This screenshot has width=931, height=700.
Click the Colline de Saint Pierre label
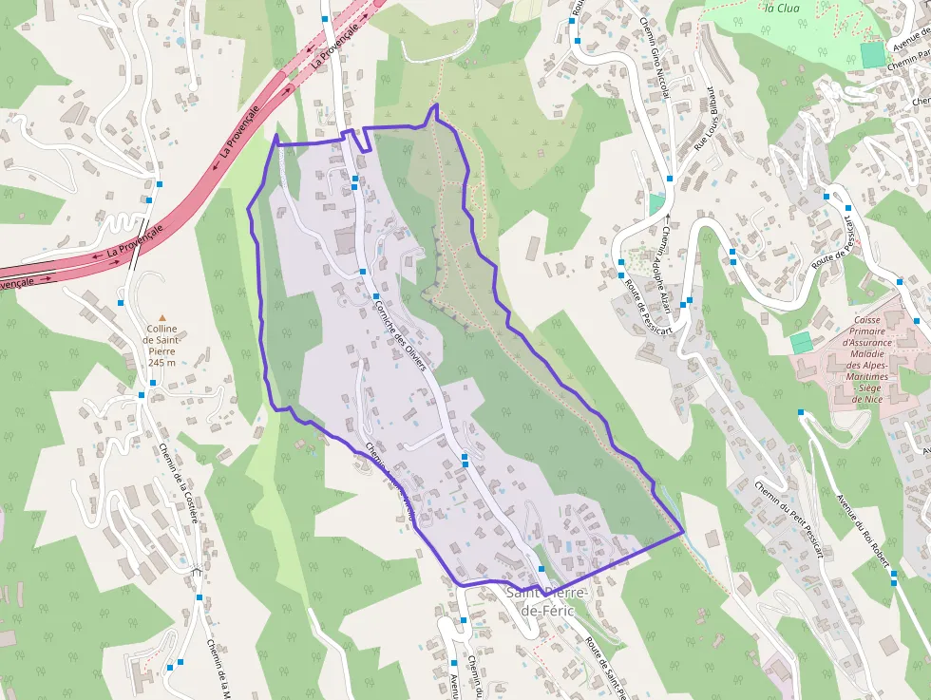(x=161, y=339)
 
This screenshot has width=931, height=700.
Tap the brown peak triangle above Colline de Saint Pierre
(x=161, y=318)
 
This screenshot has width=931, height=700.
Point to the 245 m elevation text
(x=161, y=362)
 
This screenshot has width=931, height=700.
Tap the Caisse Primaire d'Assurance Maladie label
(x=865, y=360)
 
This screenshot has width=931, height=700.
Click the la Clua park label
(x=781, y=8)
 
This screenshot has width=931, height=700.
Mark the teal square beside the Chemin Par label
(x=872, y=54)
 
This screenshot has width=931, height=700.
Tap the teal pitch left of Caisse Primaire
(x=801, y=342)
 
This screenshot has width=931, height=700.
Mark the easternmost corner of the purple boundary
(x=683, y=532)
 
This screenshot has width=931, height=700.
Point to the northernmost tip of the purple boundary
(x=435, y=104)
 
